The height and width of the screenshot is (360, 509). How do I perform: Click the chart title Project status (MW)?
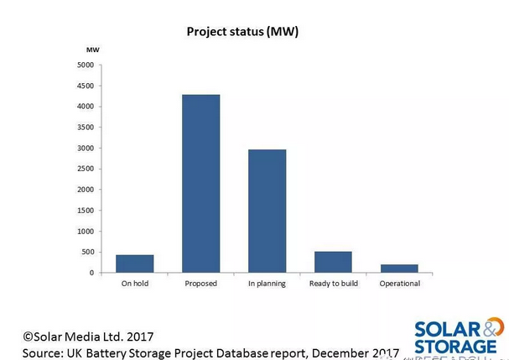coord(242,32)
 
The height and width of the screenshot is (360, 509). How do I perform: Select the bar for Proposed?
coord(201,184)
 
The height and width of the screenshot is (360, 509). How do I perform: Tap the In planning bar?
coord(267,211)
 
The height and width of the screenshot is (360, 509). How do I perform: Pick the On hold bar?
coord(134,263)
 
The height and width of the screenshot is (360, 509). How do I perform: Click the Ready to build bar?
coord(333,262)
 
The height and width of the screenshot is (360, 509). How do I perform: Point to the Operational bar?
coord(399,269)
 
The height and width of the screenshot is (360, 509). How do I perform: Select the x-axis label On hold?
coord(134,284)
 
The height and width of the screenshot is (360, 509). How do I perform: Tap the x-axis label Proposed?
coord(201,284)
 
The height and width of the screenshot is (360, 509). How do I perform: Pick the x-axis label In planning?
coord(267,284)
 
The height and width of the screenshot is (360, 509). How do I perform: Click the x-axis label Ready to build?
coord(333,284)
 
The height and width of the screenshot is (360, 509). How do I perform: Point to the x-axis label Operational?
coord(399,284)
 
